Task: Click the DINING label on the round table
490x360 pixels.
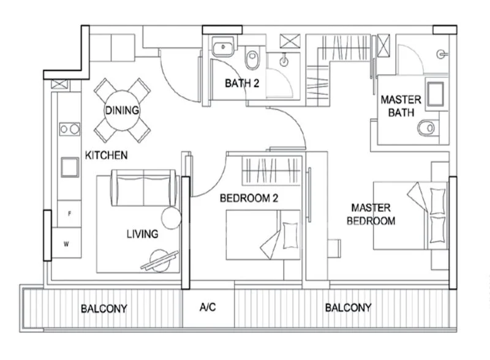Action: (122, 110)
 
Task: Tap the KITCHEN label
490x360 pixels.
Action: (106, 156)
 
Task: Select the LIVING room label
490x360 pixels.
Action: (143, 234)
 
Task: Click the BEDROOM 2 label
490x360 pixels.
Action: (249, 198)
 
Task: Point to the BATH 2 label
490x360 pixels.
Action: (242, 83)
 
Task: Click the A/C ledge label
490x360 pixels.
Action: (208, 307)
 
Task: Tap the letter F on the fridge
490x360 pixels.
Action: (69, 214)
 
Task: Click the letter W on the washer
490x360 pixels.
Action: (66, 244)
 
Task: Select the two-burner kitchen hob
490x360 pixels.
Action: (70, 129)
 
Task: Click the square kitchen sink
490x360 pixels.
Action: (70, 167)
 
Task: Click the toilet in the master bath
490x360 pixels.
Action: (427, 127)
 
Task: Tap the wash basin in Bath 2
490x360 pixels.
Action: (223, 47)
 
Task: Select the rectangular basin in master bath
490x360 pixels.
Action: (435, 94)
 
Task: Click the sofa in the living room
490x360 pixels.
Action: (143, 188)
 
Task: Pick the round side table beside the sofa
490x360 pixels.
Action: (171, 218)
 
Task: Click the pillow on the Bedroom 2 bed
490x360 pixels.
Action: (290, 235)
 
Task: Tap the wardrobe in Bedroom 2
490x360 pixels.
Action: (271, 171)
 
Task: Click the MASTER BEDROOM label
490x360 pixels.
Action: (371, 214)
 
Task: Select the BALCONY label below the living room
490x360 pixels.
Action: (104, 309)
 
